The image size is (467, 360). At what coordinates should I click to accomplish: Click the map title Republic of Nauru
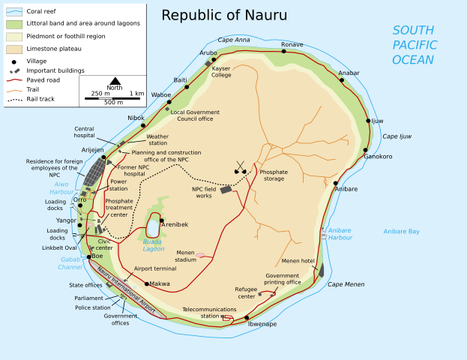(224, 16)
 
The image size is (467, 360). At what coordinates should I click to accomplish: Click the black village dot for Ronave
(283, 52)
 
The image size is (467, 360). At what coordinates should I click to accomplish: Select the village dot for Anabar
(341, 79)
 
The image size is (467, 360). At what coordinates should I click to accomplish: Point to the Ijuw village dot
(367, 120)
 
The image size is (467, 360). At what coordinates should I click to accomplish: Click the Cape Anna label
(234, 40)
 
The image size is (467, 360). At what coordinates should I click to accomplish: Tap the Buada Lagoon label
(154, 244)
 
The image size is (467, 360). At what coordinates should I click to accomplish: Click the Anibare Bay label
(401, 232)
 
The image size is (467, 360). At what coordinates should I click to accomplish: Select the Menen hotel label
(298, 261)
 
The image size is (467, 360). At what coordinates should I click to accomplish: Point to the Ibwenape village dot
(247, 317)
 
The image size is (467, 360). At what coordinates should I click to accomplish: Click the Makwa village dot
(147, 284)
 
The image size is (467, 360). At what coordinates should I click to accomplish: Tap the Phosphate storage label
(274, 175)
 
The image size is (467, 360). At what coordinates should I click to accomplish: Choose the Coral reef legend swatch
(13, 10)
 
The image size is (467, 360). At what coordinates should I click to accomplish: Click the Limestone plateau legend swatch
(13, 48)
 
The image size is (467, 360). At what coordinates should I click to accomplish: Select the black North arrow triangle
(115, 80)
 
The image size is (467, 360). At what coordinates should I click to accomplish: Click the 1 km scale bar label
(136, 94)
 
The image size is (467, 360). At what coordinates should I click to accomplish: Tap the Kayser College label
(221, 72)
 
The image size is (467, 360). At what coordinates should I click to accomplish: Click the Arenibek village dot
(161, 220)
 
